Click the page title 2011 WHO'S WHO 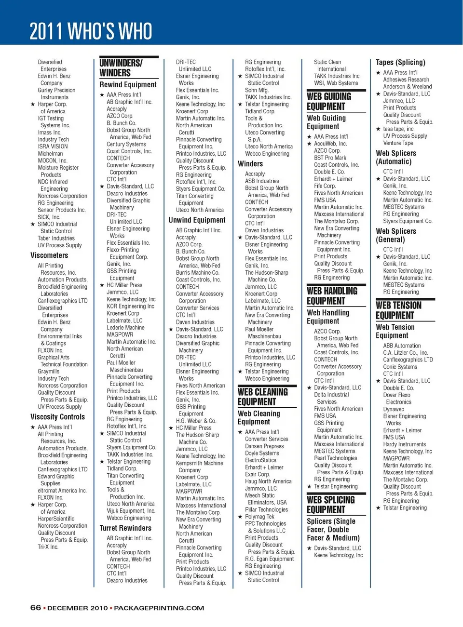pyautogui.click(x=91, y=31)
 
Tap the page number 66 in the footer pyautogui.click(x=36, y=608)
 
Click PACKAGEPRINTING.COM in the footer pyautogui.click(x=159, y=608)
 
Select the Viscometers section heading pyautogui.click(x=49, y=255)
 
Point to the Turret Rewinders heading pyautogui.click(x=125, y=528)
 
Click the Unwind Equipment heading pyautogui.click(x=197, y=220)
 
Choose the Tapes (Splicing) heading pyautogui.click(x=400, y=63)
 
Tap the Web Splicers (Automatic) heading pyautogui.click(x=396, y=158)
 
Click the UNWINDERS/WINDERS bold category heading pyautogui.click(x=121, y=68)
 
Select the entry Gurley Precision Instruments pyautogui.click(x=56, y=93)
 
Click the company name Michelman pyautogui.click(x=50, y=154)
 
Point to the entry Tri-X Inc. pyautogui.click(x=48, y=547)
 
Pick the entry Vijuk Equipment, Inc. pyautogui.click(x=131, y=511)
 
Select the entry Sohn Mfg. pyautogui.click(x=257, y=90)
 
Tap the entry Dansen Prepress pyautogui.click(x=264, y=446)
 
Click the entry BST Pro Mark pyautogui.click(x=330, y=158)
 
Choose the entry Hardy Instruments pyautogui.click(x=404, y=444)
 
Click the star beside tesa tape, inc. pyautogui.click(x=379, y=129)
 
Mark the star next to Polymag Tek pyautogui.click(x=240, y=517)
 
